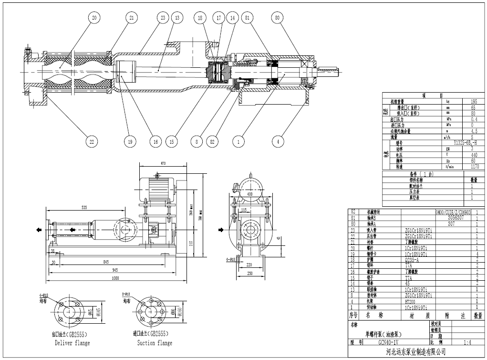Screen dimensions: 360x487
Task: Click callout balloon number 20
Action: [94, 18]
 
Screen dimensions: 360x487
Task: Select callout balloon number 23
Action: [163, 18]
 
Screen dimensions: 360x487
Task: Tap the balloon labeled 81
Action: [247, 18]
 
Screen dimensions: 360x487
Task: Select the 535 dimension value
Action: [84, 208]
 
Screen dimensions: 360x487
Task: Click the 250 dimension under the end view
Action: [250, 273]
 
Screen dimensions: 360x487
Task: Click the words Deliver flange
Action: [72, 343]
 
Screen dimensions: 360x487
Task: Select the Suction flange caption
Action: [154, 343]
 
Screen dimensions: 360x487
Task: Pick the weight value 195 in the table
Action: [474, 102]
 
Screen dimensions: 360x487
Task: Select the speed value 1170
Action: [474, 167]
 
